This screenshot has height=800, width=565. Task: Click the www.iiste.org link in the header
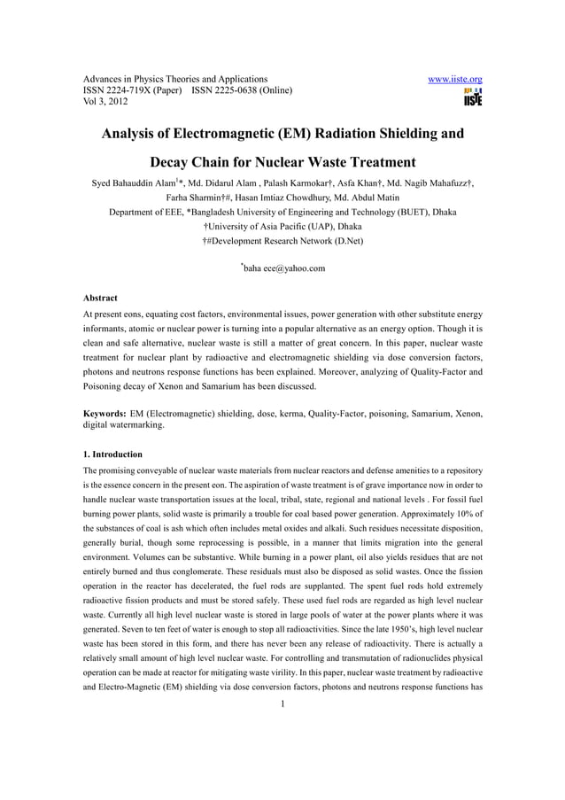tap(454, 79)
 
